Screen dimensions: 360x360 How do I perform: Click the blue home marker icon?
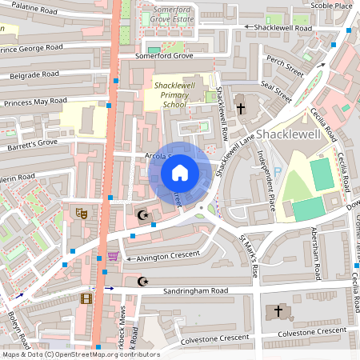coord(180,172)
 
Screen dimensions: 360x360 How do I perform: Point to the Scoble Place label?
coord(332,6)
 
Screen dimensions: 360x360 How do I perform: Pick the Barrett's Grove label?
coord(30,143)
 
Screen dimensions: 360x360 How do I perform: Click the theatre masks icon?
coord(81,214)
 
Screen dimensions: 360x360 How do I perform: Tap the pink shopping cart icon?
coord(113,256)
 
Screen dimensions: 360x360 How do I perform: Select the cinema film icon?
coord(86,298)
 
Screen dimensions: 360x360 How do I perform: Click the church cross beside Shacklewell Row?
coord(241,108)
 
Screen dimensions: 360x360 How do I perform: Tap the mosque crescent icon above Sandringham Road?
coord(144,281)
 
